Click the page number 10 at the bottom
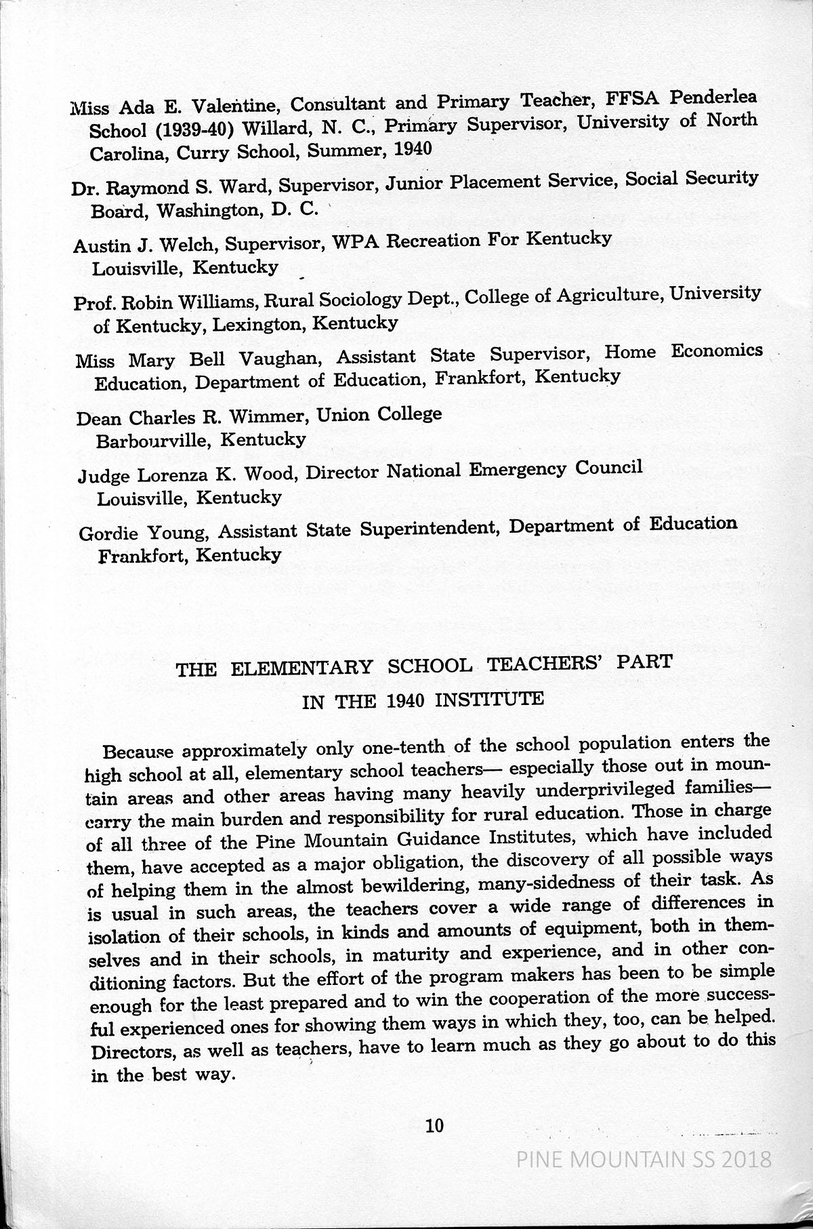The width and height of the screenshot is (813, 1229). [x=434, y=1126]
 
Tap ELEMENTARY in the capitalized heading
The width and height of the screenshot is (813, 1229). [x=301, y=668]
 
